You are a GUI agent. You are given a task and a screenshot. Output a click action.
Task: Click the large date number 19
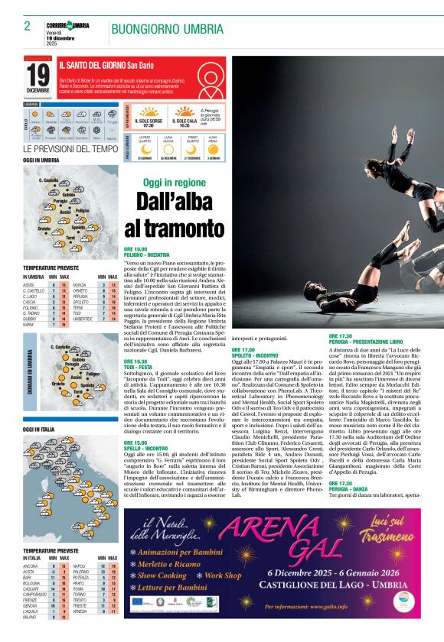(38, 76)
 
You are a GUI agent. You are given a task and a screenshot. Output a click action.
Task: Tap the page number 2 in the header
(27, 26)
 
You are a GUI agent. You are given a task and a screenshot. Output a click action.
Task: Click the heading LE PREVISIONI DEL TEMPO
(70, 149)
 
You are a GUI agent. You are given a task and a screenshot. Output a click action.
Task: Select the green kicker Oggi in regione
(174, 183)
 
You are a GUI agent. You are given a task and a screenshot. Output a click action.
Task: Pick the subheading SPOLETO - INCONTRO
(257, 355)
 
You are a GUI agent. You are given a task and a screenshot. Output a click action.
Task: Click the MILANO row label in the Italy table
(31, 638)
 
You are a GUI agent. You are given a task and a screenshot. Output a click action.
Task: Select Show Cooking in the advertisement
(162, 576)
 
